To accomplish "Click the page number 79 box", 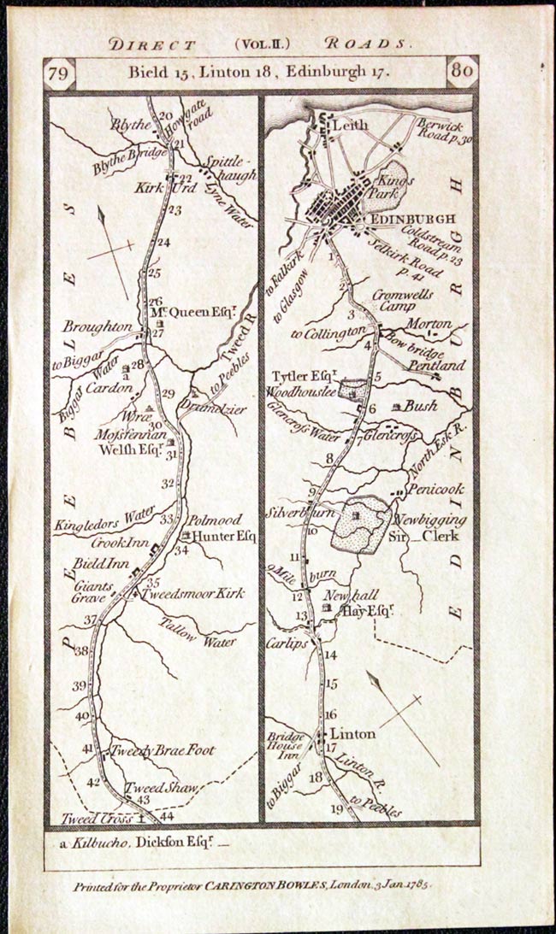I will point(59,73).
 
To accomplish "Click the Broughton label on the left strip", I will point(97,327).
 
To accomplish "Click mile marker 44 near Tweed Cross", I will point(155,816).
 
